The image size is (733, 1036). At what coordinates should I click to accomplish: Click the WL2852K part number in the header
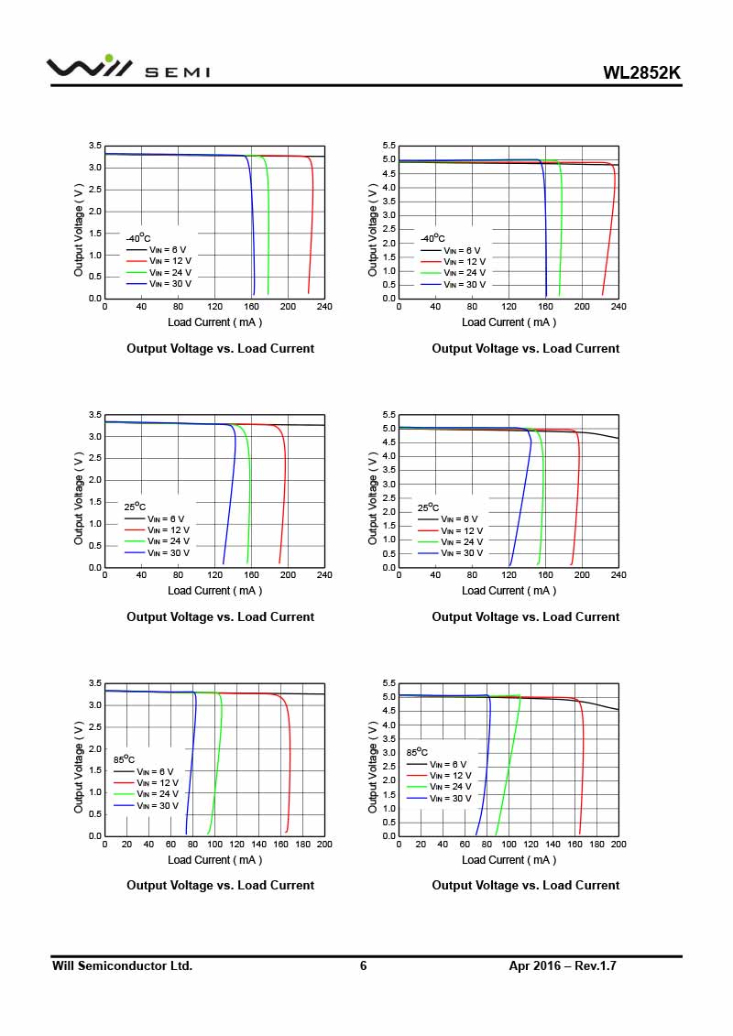tap(641, 73)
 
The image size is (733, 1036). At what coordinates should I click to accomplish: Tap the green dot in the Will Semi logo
tap(109, 59)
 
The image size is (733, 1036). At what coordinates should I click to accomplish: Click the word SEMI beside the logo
tap(177, 72)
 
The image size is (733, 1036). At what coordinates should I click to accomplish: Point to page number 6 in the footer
tap(363, 965)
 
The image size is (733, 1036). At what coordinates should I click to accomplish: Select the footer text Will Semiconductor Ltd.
tap(122, 965)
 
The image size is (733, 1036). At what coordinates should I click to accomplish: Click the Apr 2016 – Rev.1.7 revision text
tap(563, 965)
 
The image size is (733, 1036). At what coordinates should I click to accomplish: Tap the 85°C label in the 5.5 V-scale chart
tap(417, 751)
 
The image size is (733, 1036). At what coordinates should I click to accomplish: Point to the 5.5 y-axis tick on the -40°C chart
tap(388, 147)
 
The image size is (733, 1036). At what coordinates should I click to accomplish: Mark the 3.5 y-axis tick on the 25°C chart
tap(94, 415)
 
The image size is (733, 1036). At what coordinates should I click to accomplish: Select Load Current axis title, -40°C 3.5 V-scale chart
tap(214, 322)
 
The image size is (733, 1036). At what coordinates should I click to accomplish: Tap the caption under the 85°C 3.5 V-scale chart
tap(220, 885)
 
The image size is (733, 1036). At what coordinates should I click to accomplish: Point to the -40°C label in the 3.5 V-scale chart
tap(138, 238)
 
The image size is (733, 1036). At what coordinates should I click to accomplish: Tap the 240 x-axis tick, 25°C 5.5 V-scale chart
tap(618, 575)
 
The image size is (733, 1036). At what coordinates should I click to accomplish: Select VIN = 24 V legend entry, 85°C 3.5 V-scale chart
tap(158, 793)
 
